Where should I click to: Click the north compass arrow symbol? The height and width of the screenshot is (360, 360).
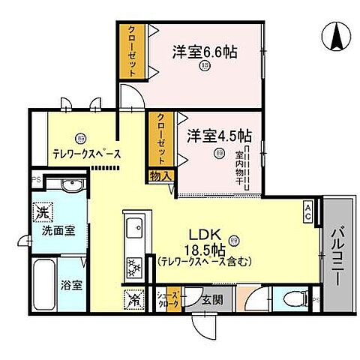(x=337, y=35)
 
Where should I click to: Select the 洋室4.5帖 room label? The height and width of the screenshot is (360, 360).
(x=219, y=136)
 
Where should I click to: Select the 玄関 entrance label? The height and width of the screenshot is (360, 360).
(x=212, y=298)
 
